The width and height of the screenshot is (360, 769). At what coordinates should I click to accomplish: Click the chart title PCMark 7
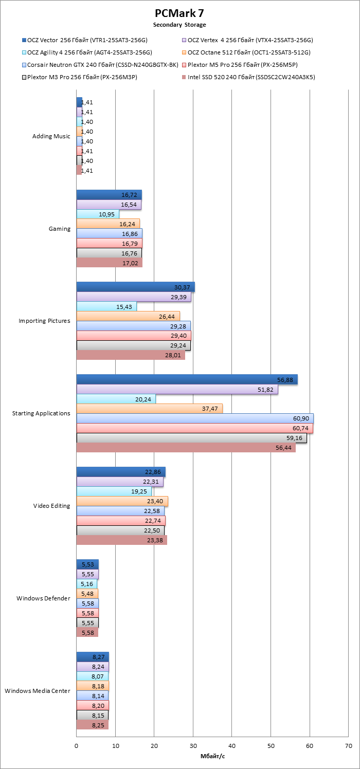coord(179,13)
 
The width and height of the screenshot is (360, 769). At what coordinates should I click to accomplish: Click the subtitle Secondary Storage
coord(179,25)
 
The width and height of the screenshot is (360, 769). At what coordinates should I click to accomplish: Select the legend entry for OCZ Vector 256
coord(85,40)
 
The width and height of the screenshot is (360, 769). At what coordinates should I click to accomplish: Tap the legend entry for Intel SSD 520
coord(248,77)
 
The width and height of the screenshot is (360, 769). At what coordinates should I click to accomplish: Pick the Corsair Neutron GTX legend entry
coord(100,65)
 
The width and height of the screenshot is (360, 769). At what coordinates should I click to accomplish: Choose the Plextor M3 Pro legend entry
coord(79,77)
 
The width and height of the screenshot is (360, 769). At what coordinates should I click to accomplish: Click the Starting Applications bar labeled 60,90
coord(195,418)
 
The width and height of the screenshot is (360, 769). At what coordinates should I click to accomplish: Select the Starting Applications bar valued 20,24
coord(116,399)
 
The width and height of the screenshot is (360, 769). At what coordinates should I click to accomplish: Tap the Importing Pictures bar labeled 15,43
coord(106,306)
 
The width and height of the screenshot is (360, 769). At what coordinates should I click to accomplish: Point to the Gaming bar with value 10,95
coord(98,214)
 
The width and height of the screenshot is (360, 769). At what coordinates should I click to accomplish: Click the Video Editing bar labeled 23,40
coord(122,501)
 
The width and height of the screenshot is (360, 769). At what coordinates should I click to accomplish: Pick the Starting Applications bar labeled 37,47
coord(150,409)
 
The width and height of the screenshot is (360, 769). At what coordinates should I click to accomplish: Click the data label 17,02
coord(130,263)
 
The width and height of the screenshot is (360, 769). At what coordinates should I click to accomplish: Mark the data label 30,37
coord(182,287)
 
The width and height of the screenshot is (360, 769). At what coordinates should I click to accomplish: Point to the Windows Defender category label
coord(43,598)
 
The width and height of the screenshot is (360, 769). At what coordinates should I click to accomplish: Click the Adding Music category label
coord(51,136)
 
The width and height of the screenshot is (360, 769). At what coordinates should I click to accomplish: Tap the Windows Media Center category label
coord(38,691)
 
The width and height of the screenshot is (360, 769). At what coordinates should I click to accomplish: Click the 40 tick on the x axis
coord(232,746)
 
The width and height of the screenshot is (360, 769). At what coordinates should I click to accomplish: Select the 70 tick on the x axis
coord(349,746)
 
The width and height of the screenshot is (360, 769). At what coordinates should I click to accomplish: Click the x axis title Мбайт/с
coord(212,756)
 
